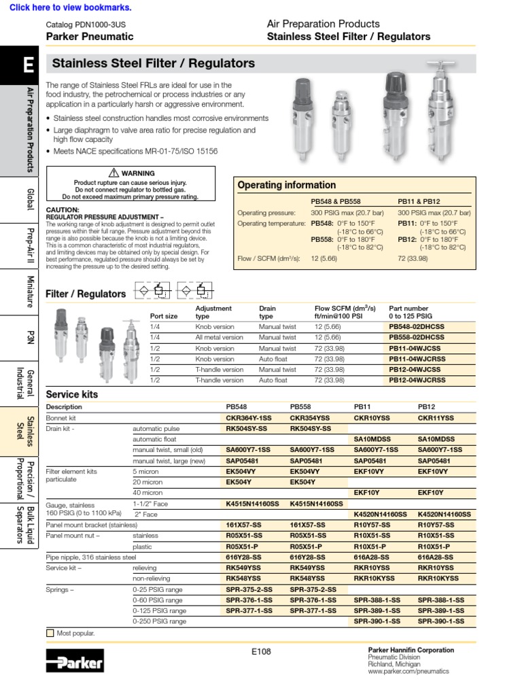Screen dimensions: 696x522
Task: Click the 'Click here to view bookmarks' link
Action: (71, 7)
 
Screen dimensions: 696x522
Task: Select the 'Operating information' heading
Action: (286, 185)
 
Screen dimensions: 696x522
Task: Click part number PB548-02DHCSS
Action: (417, 326)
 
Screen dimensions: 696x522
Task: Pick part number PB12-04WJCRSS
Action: (417, 381)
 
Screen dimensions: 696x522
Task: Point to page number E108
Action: (260, 651)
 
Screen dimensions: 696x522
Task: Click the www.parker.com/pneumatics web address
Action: (408, 671)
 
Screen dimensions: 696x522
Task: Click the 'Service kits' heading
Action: (71, 394)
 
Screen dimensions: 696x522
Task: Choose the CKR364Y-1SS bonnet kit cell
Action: (248, 418)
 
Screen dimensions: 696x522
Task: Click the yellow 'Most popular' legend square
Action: (50, 633)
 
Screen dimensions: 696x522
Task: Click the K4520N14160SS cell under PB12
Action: (444, 515)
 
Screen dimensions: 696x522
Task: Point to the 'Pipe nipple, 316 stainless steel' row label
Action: (91, 557)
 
